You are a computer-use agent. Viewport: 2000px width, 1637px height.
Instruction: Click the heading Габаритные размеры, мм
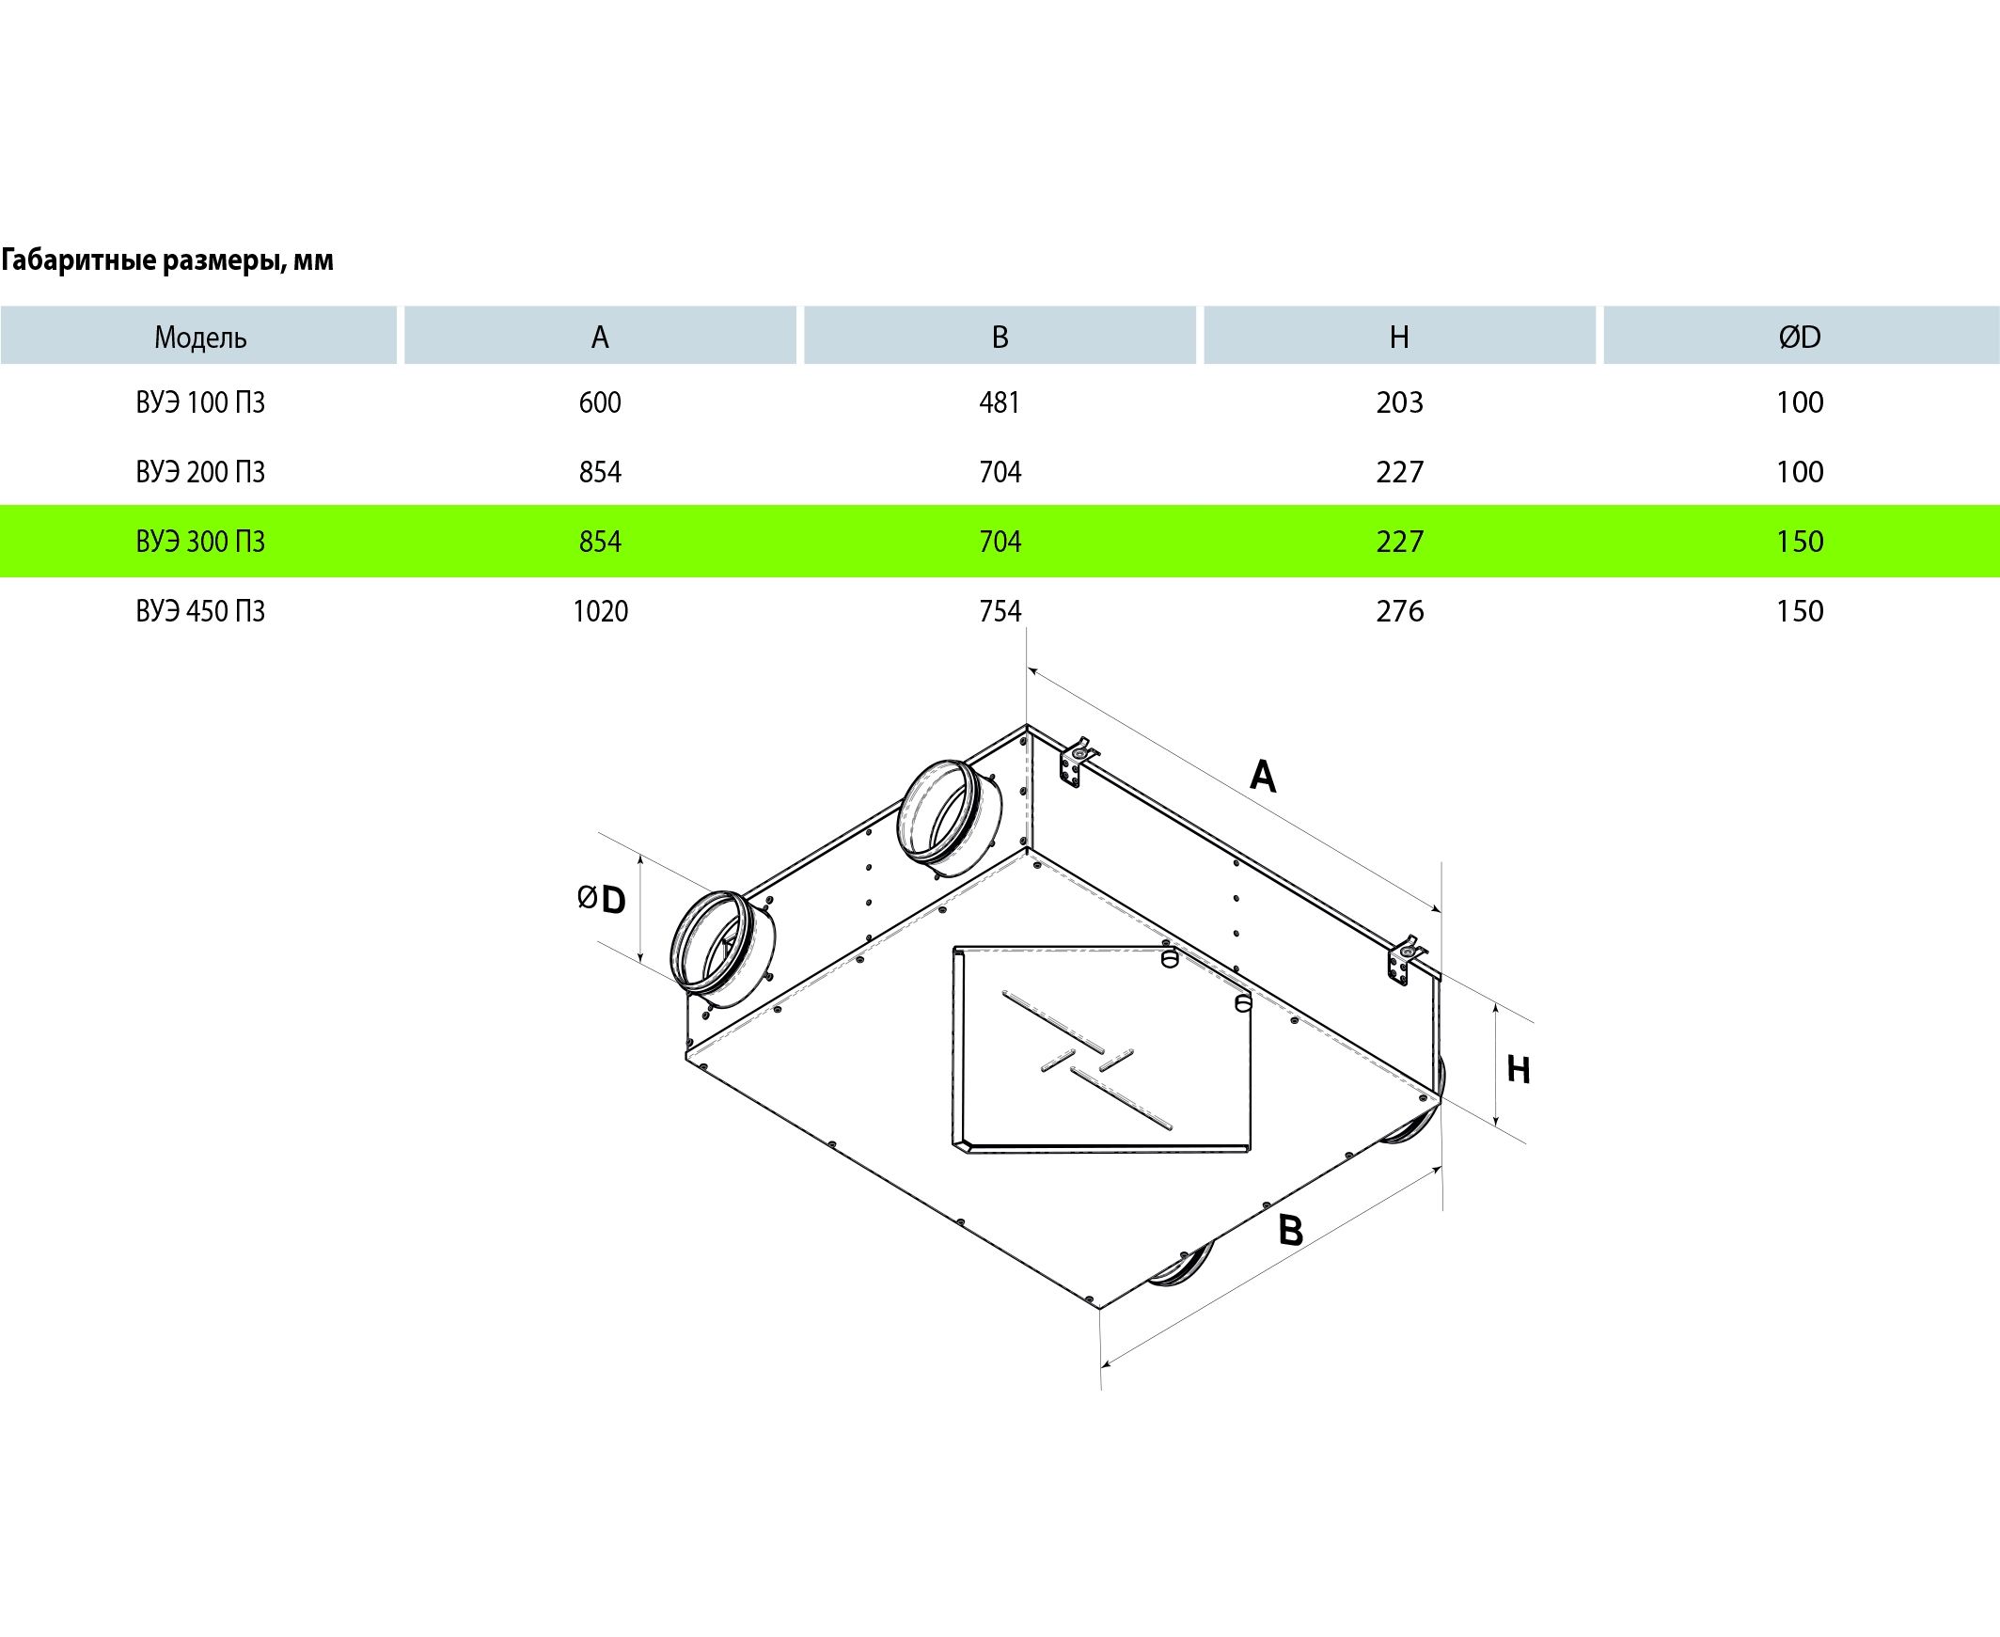pos(167,260)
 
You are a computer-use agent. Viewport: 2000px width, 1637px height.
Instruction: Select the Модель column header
pos(200,337)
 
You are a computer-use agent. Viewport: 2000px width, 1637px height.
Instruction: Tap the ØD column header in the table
pos(1799,337)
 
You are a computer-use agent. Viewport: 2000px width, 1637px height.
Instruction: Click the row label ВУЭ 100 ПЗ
pos(200,402)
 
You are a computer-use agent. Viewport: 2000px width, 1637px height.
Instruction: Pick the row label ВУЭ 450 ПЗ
pos(200,611)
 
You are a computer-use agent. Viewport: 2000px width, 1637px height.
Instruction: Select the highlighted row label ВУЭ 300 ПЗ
pos(200,542)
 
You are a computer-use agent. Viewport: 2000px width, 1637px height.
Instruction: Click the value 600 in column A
pos(600,402)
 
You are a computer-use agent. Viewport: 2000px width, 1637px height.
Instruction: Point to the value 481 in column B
pos(1000,402)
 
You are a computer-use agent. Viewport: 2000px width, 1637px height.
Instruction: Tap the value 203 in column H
pos(1399,402)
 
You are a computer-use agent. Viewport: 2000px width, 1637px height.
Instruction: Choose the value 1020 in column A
pos(600,611)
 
